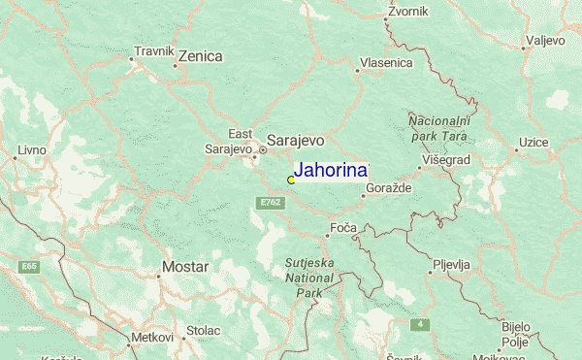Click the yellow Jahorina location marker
(291, 180)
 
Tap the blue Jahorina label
(331, 170)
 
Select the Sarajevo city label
(295, 140)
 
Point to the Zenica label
(201, 56)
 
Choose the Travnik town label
(153, 50)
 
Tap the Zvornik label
(407, 13)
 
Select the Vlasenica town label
(385, 63)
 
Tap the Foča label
(343, 227)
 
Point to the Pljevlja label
(451, 264)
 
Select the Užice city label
(533, 143)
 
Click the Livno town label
(31, 150)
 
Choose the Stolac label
(204, 331)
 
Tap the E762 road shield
(270, 202)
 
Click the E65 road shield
(29, 265)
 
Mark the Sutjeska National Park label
(308, 277)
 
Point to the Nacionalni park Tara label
(438, 128)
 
